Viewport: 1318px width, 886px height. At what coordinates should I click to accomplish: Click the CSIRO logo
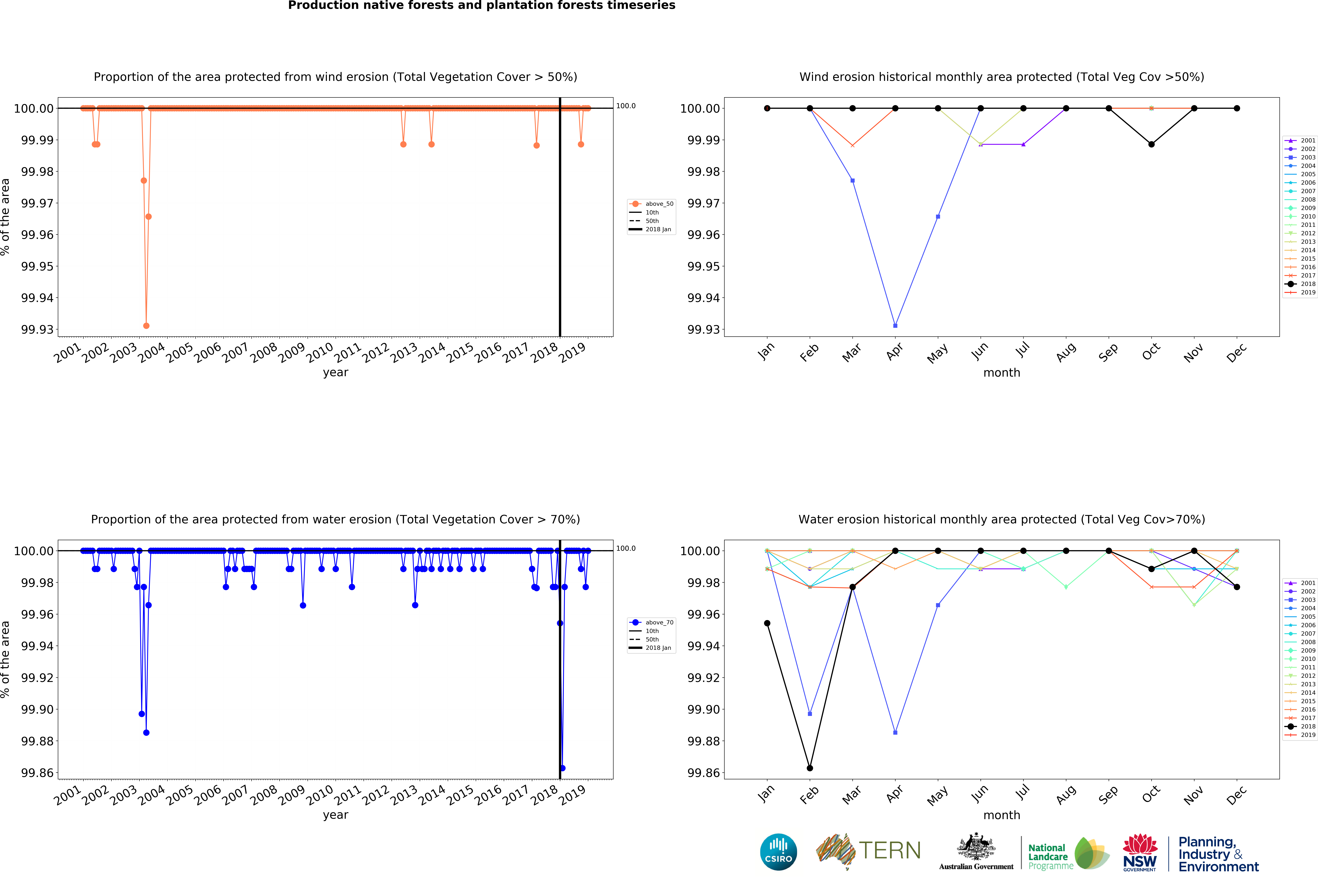(778, 852)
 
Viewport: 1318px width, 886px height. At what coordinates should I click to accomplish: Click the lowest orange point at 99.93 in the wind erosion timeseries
(146, 325)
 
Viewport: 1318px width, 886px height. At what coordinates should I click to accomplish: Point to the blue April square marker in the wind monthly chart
(895, 325)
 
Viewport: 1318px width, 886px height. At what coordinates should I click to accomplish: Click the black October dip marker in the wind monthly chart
(1151, 144)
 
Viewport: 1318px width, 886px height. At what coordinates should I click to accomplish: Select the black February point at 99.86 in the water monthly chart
(810, 768)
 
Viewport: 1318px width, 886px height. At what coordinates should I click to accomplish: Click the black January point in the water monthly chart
(767, 623)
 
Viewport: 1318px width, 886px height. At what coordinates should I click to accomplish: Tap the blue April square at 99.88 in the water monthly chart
(895, 732)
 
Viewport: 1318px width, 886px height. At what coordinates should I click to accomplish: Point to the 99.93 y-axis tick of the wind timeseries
(37, 329)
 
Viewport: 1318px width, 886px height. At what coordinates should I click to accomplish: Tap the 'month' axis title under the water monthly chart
(1001, 815)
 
